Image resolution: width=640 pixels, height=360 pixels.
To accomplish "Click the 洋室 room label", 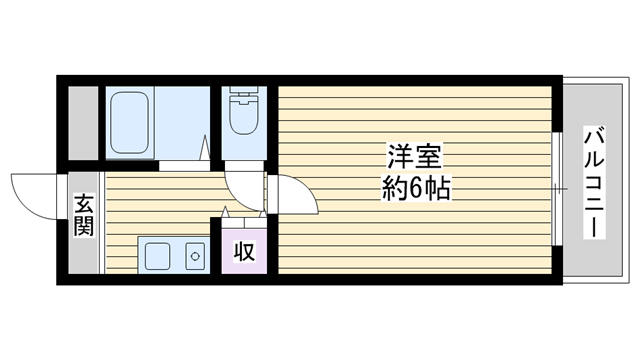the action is (x=414, y=157).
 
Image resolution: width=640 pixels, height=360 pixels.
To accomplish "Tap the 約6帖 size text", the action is (x=416, y=188).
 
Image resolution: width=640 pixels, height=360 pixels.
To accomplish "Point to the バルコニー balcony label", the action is (x=594, y=182).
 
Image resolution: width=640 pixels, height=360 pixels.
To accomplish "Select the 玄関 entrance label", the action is (x=84, y=215).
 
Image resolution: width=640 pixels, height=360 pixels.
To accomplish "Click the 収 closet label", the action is (x=244, y=251).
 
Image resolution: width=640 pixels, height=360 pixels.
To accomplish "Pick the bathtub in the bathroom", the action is (x=129, y=122).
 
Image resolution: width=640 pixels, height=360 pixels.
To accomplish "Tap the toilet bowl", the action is (x=244, y=116).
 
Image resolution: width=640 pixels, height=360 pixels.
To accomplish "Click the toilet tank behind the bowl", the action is (x=244, y=91).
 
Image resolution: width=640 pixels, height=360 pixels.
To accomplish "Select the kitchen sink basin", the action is (x=158, y=256).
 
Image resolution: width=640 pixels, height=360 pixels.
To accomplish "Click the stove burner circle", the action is (x=195, y=256).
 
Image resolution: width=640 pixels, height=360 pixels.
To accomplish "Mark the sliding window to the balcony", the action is (x=557, y=189).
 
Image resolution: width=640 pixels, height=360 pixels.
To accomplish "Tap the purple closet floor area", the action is (x=244, y=251).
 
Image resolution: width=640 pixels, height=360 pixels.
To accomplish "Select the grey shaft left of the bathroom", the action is (x=83, y=123).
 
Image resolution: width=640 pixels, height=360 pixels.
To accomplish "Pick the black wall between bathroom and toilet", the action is (x=216, y=124).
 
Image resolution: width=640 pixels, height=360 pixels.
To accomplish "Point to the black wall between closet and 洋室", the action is (x=273, y=244).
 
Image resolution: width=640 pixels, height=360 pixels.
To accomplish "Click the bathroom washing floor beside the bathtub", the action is (x=182, y=122).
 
